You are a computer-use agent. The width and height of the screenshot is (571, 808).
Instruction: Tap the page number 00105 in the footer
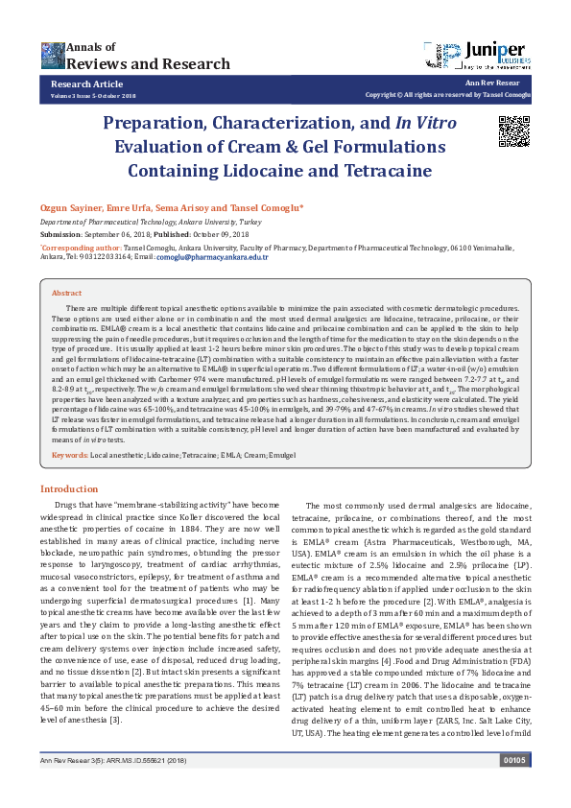click(514, 786)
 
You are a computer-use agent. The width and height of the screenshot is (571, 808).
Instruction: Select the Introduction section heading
click(82, 488)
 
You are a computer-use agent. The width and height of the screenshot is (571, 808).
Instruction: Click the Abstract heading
click(66, 293)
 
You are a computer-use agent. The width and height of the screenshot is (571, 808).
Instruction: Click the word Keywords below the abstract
click(69, 454)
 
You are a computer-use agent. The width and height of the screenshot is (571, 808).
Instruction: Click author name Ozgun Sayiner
click(68, 207)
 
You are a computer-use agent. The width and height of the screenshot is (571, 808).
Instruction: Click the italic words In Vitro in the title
click(426, 124)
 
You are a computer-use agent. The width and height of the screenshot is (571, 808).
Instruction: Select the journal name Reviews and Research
click(126, 63)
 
